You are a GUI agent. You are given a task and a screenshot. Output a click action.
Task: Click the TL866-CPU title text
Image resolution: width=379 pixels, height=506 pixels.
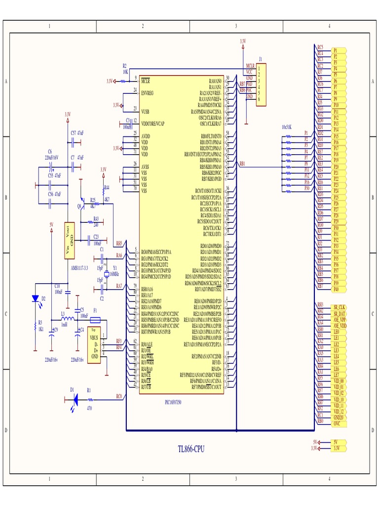(x=191, y=449)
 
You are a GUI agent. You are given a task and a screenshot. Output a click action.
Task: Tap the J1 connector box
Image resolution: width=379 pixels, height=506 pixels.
(x=261, y=84)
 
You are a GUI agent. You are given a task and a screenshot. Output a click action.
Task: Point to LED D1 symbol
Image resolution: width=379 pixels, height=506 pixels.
(x=74, y=399)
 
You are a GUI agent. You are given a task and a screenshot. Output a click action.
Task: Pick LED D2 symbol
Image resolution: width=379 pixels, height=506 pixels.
(x=35, y=298)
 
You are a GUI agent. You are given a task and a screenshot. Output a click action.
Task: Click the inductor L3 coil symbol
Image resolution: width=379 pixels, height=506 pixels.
(x=67, y=319)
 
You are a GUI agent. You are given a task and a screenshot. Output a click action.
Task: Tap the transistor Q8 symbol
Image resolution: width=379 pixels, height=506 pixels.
(x=81, y=204)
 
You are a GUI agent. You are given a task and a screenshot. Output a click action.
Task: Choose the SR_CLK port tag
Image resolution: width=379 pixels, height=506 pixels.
(x=339, y=307)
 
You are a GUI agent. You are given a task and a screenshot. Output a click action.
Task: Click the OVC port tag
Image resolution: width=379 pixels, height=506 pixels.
(x=337, y=423)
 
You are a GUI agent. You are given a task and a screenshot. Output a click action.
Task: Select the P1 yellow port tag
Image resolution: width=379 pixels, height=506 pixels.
(x=339, y=50)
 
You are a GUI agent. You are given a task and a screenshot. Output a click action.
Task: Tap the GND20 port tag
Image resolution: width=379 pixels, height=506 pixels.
(x=338, y=418)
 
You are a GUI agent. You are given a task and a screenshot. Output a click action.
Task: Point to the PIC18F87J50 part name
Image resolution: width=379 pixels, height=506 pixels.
(x=173, y=402)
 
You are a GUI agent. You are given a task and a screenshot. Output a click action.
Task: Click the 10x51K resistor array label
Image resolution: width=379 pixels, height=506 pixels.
(x=286, y=126)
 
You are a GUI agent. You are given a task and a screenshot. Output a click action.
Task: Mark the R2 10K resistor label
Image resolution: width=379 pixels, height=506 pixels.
(x=125, y=69)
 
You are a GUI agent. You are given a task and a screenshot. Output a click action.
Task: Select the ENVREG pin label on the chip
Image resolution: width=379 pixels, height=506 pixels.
(x=148, y=93)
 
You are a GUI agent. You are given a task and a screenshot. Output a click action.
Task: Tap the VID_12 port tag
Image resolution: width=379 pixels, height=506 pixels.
(x=339, y=411)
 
